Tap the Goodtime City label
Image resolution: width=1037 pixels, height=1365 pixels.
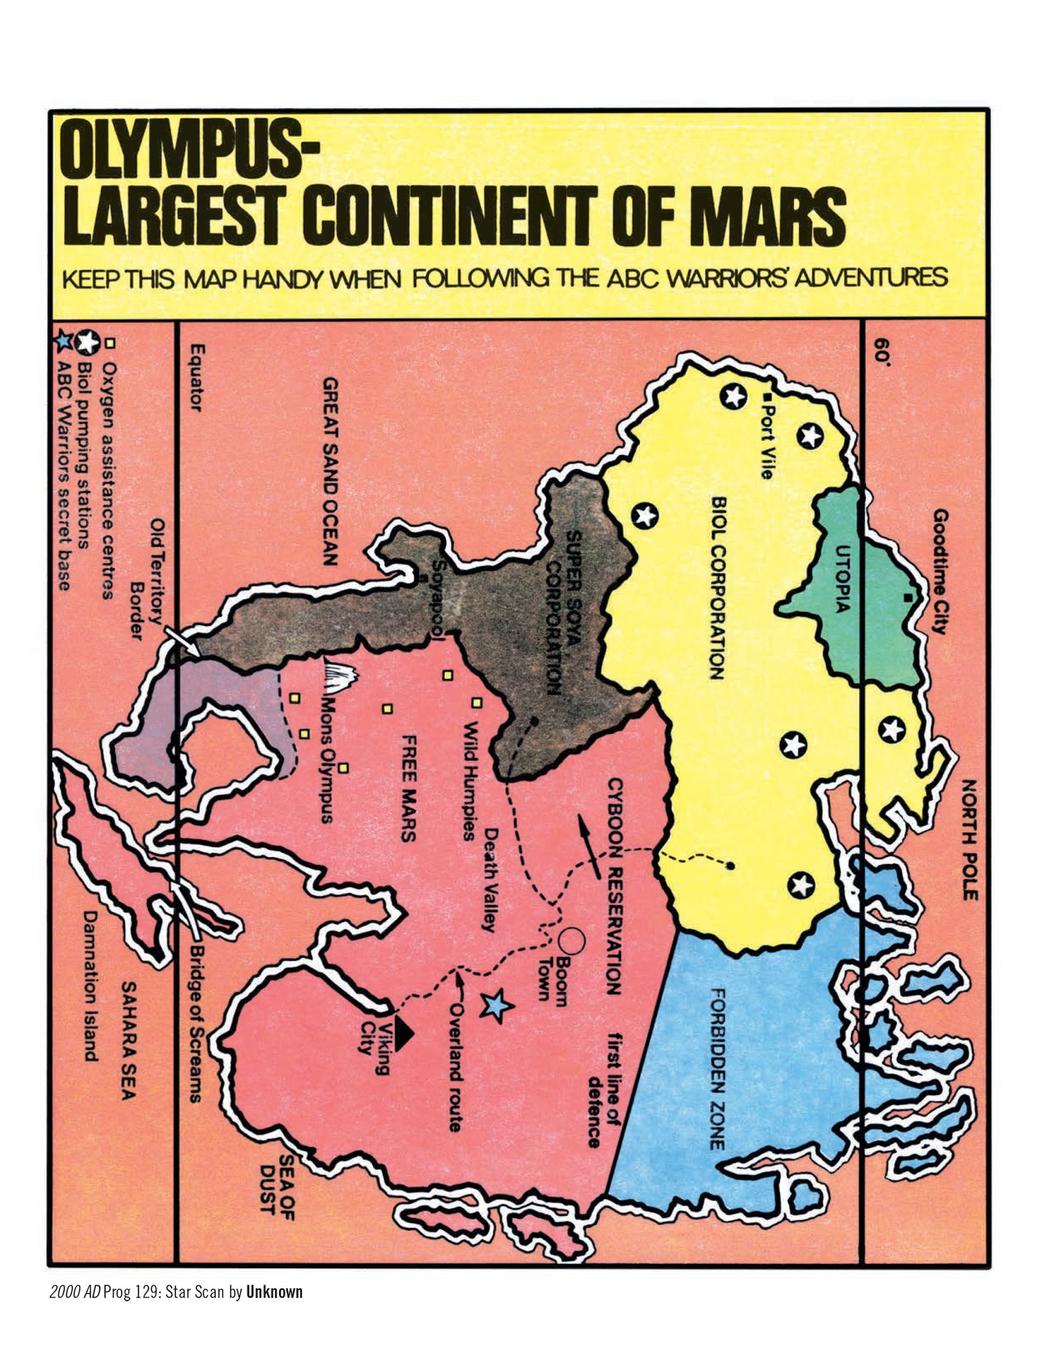(939, 571)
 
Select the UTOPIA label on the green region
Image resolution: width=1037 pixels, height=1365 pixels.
(843, 579)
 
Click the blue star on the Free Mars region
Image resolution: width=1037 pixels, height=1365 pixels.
(496, 1006)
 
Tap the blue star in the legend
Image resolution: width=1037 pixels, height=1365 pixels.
(63, 342)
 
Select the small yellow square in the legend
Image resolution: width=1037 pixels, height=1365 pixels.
(111, 343)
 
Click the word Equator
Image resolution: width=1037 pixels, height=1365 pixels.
(195, 377)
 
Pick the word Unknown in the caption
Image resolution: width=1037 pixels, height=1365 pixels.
(274, 1292)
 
